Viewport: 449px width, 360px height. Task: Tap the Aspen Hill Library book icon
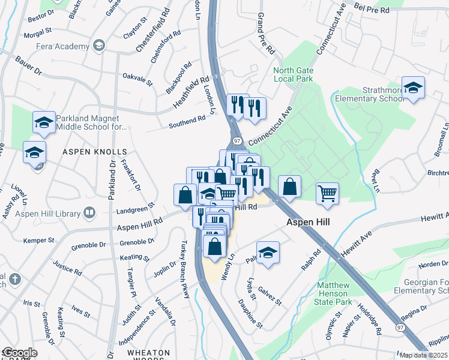point(89,212)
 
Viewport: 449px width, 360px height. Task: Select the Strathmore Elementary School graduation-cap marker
point(413,88)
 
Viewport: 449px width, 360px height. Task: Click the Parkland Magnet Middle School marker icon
point(43,123)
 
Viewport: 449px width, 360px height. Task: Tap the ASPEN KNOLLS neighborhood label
point(95,152)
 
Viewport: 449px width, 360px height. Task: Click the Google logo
point(20,353)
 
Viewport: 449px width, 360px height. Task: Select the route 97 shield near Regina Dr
point(400,328)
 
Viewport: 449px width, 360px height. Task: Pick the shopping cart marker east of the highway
point(327,194)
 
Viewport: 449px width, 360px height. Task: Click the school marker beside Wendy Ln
point(268,253)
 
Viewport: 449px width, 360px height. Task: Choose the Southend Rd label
point(187,122)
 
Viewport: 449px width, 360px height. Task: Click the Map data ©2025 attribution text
point(424,355)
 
